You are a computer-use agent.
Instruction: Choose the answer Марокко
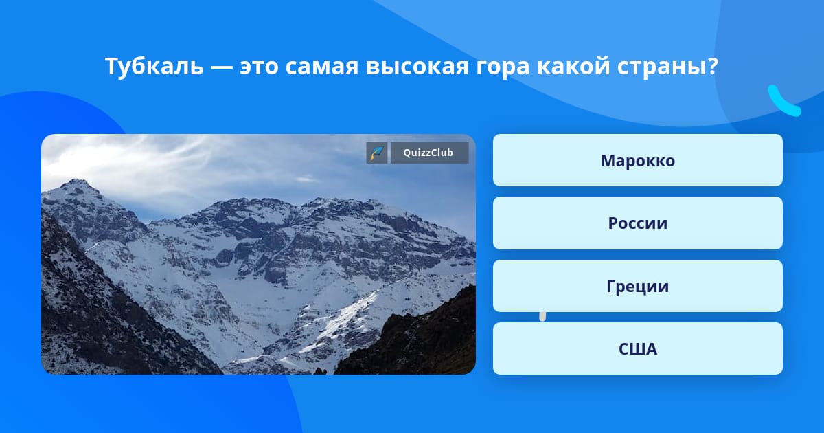click(637, 160)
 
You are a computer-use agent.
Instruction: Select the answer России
click(637, 223)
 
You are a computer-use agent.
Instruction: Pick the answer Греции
click(637, 286)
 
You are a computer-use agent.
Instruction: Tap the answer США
click(637, 348)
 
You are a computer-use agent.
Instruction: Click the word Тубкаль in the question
click(154, 66)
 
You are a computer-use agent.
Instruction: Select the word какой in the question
click(573, 66)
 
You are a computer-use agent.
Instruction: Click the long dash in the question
click(222, 68)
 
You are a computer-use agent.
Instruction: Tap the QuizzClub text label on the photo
click(428, 153)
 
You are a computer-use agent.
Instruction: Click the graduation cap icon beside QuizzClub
click(377, 153)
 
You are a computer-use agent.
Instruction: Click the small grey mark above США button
click(542, 317)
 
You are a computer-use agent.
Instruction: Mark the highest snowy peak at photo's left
click(76, 182)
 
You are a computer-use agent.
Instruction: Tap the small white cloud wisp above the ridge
click(308, 179)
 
